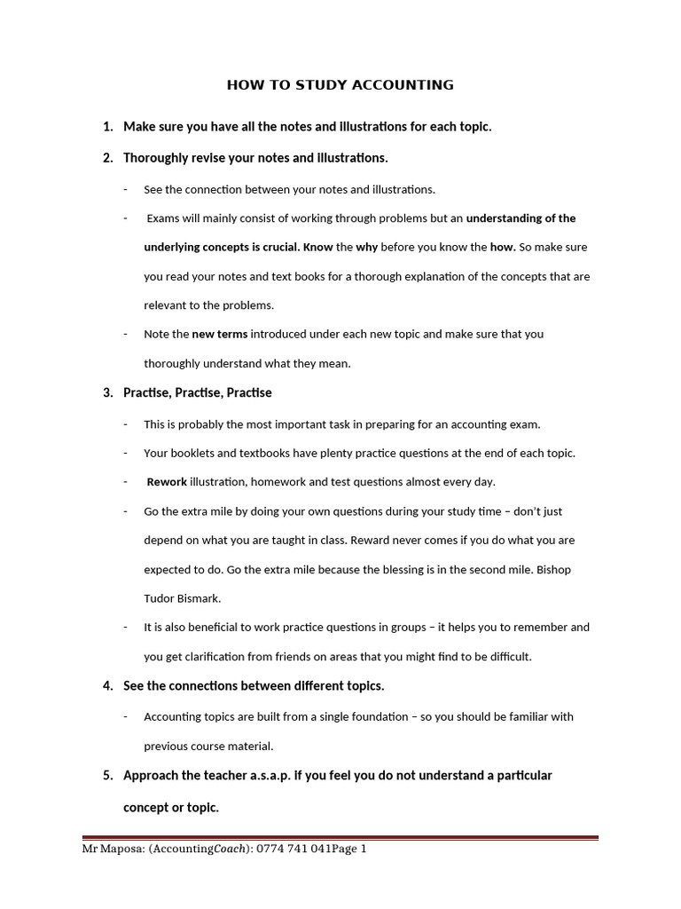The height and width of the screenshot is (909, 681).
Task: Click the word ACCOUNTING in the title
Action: [x=404, y=85]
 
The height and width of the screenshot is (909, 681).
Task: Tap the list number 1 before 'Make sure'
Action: [x=107, y=127]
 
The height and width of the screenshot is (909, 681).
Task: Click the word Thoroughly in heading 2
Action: [x=156, y=158]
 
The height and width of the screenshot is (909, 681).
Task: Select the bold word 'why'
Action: [x=368, y=247]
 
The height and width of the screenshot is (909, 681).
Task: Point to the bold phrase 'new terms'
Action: [x=220, y=334]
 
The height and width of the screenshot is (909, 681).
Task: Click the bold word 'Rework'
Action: [x=168, y=482]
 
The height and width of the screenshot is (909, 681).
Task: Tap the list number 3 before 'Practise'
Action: [x=107, y=392]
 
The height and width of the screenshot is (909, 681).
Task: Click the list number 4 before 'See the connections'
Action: [x=107, y=685]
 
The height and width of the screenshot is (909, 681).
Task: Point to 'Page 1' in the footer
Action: [x=347, y=849]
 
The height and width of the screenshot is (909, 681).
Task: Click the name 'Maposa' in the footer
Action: [x=122, y=849]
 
